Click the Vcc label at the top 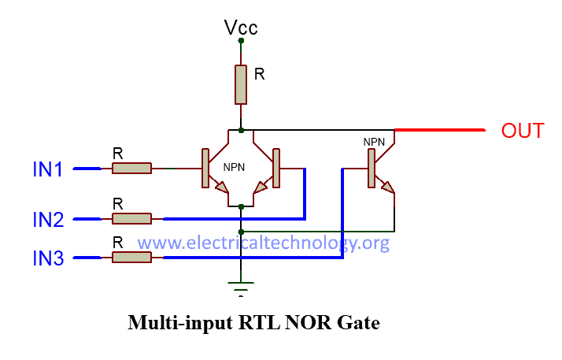click(x=241, y=28)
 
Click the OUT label click(x=523, y=130)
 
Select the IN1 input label click(x=47, y=169)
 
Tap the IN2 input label click(x=47, y=220)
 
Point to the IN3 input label click(x=47, y=258)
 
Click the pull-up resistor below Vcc click(x=241, y=84)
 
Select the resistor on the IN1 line click(x=131, y=168)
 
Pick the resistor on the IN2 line click(x=131, y=218)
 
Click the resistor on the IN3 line click(x=131, y=257)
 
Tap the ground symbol click(x=242, y=287)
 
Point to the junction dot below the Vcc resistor click(x=241, y=129)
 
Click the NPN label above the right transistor click(x=374, y=142)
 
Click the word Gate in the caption click(x=360, y=323)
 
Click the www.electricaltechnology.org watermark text click(x=264, y=242)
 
